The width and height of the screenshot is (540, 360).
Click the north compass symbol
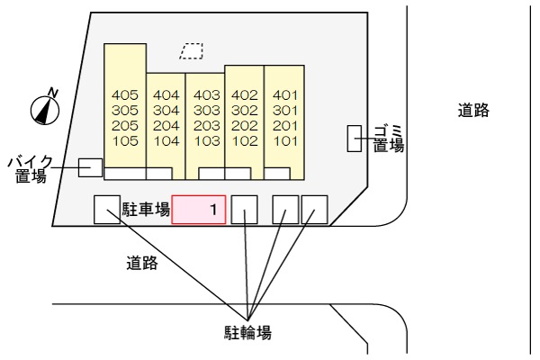click(x=45, y=108)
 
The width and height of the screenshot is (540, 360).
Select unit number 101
click(x=284, y=140)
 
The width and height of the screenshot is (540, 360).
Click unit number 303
click(x=205, y=110)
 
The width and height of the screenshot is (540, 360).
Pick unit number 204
click(x=166, y=125)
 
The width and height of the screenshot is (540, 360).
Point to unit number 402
click(x=245, y=94)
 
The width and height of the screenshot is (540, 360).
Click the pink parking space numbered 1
click(x=199, y=210)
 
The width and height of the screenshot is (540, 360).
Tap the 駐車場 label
click(x=147, y=211)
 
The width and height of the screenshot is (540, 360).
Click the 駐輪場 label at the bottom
click(x=247, y=332)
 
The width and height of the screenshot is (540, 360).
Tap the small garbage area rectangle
click(x=355, y=139)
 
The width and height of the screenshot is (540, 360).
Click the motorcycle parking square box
click(x=90, y=167)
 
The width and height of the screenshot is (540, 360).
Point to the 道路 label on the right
click(x=472, y=111)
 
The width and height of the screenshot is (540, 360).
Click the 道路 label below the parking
click(x=142, y=264)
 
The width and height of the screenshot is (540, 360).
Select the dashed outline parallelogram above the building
click(x=192, y=52)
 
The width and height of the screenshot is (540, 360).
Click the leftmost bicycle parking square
click(x=106, y=210)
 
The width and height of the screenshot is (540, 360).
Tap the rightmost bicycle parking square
click(x=314, y=210)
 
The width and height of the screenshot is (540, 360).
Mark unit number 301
click(x=284, y=110)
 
